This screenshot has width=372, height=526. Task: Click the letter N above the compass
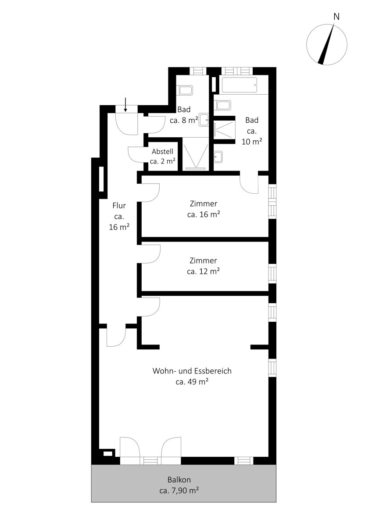pos(336,17)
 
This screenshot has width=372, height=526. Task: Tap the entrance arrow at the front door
pos(125,104)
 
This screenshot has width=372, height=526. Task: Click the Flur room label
pos(119,205)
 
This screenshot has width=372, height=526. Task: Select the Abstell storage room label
pos(162,152)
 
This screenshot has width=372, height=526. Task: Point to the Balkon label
pos(179,480)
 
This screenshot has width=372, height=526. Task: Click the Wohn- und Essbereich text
pos(192,371)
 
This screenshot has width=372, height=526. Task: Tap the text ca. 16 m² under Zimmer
pos(203,215)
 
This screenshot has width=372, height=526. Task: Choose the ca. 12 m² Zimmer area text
pos(203,271)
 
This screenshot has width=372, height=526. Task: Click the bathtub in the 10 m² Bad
pos(239,85)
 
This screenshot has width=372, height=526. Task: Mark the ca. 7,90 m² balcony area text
pos(179,490)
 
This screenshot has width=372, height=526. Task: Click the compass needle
pos(327,43)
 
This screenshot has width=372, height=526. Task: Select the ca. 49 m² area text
pos(192,382)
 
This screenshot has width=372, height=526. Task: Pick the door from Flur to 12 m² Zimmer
pos(150,254)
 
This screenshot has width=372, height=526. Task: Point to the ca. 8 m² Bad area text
pos(184,121)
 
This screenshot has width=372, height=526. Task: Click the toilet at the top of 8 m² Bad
pos(186,91)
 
